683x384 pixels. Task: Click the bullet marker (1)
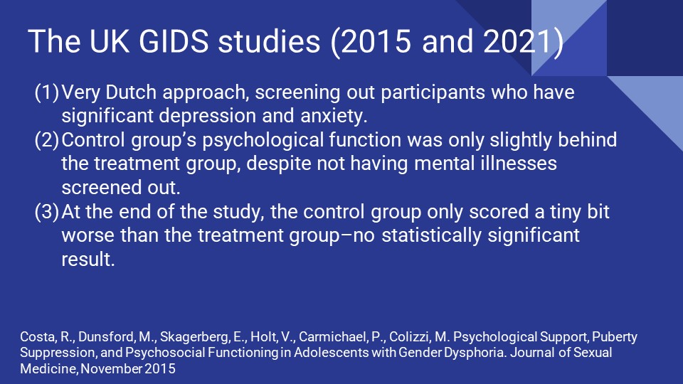[x=46, y=93]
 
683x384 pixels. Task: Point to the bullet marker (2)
[x=46, y=141]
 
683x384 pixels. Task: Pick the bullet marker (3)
[x=46, y=213]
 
